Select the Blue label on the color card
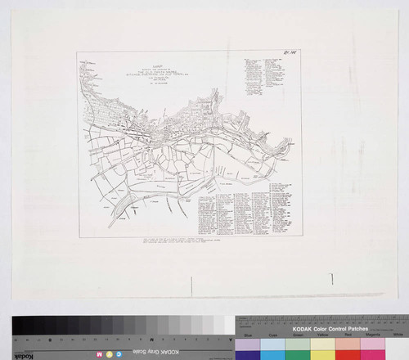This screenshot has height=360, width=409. [x=248, y=335]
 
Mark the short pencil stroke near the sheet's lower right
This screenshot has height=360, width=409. [x=332, y=279]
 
